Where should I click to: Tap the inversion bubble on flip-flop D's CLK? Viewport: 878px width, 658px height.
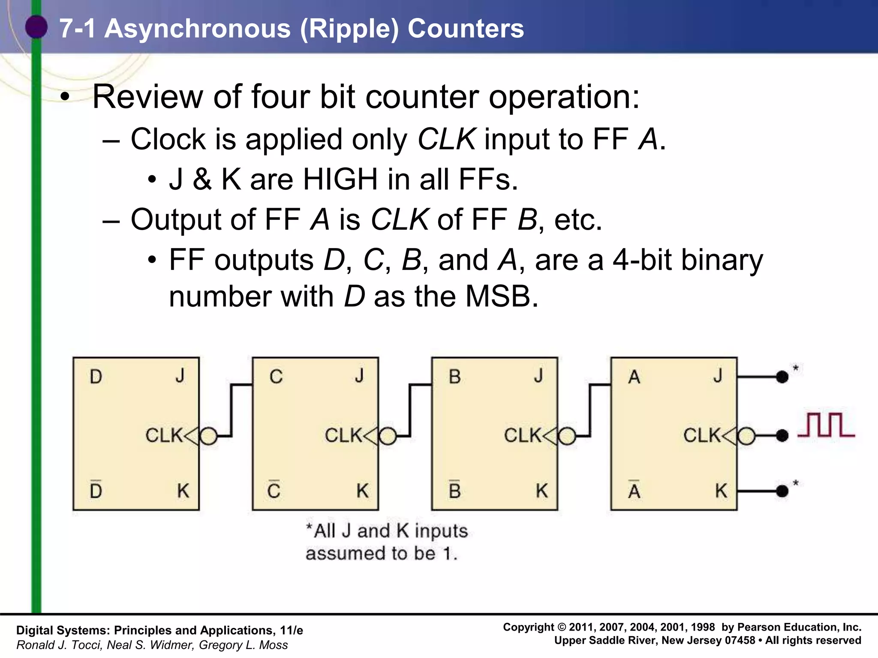point(209,436)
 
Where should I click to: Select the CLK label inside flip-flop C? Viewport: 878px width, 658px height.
point(343,436)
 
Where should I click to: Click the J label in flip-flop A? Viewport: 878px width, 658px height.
point(718,376)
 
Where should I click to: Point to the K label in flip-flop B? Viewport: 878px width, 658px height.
point(542,491)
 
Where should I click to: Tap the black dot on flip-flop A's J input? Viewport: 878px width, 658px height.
point(782,377)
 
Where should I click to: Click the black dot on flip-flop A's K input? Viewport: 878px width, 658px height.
point(782,491)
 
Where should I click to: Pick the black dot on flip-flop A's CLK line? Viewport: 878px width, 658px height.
point(782,436)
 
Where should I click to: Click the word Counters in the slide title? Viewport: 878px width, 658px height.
point(466,29)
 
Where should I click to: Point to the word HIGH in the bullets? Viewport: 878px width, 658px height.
point(340,179)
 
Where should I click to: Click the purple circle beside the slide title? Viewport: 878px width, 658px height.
point(36,27)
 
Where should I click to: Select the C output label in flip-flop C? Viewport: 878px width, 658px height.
point(276,377)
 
